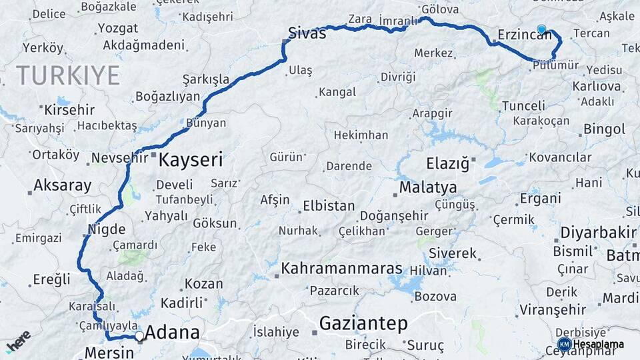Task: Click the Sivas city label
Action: click(x=307, y=33)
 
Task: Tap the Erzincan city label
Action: click(x=525, y=35)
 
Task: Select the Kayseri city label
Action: click(x=191, y=160)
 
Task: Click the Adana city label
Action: click(x=172, y=332)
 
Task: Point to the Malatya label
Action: click(x=428, y=187)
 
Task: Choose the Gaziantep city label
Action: click(x=363, y=324)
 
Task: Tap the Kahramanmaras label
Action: click(x=341, y=269)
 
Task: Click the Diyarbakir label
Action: click(x=598, y=233)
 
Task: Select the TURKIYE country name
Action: click(x=68, y=75)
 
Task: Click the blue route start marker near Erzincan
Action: click(x=541, y=29)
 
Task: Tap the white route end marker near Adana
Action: click(x=139, y=336)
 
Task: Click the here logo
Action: click(x=18, y=341)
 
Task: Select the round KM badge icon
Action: click(x=564, y=344)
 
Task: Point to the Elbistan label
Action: click(x=329, y=206)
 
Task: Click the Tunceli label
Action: click(x=523, y=106)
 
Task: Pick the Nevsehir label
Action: click(x=119, y=158)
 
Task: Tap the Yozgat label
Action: click(x=117, y=28)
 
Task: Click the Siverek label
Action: click(x=453, y=253)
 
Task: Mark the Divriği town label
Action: click(x=398, y=77)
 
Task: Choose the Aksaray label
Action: click(x=62, y=185)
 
